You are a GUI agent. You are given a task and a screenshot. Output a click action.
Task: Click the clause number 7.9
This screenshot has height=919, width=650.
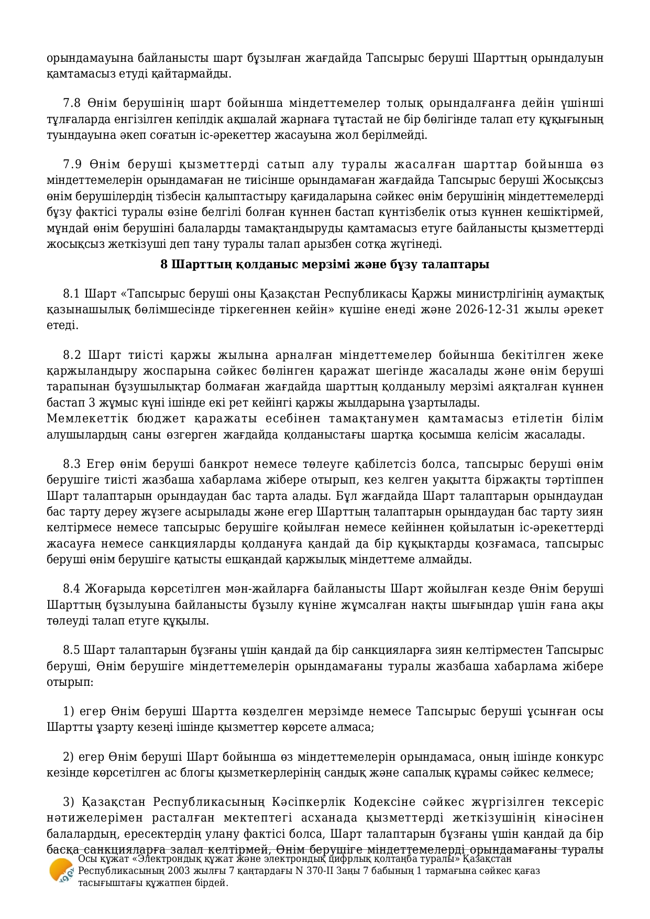(x=72, y=165)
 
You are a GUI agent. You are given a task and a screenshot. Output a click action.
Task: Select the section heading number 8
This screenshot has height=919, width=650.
(x=164, y=265)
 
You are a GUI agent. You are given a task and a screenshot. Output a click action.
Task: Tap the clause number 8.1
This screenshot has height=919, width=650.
(x=72, y=293)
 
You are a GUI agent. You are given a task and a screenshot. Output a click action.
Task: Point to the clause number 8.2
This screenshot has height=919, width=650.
(x=72, y=355)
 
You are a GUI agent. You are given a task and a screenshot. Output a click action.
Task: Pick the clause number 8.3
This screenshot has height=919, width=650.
(x=72, y=464)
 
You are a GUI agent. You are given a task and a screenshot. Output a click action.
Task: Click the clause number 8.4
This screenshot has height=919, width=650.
(x=72, y=589)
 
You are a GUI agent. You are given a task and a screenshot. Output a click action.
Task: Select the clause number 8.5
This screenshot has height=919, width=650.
(x=72, y=650)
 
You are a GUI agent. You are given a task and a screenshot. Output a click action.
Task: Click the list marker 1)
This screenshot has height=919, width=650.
(x=69, y=712)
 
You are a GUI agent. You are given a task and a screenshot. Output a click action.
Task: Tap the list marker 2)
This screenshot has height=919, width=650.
(x=69, y=757)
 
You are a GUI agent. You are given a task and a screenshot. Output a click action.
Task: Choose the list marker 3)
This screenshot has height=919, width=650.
(x=69, y=802)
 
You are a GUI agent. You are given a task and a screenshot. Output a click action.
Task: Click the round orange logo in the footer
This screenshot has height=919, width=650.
(x=61, y=871)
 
